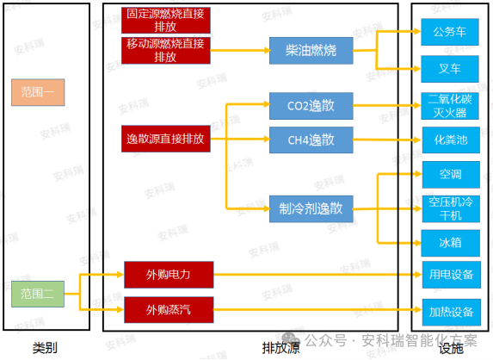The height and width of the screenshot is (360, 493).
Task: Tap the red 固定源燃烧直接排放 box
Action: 166,20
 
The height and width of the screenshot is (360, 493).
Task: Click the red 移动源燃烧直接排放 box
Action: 166,50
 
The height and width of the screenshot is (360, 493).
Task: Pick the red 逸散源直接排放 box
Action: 166,139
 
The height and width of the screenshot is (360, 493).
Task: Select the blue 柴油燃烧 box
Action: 311,51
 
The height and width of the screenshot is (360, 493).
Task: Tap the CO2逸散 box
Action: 311,107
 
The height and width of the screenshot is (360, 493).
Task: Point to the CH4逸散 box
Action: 311,139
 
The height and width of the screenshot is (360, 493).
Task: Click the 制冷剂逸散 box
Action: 311,208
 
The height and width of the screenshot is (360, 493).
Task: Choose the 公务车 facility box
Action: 450,33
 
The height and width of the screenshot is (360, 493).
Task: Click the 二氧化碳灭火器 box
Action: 450,106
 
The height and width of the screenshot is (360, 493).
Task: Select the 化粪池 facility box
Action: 450,139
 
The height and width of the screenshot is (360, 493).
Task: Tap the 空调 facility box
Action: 450,174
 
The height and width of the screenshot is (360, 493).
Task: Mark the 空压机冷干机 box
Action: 450,208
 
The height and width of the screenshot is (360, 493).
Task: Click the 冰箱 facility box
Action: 450,243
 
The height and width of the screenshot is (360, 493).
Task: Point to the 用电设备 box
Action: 450,275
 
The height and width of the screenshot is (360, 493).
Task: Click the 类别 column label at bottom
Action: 45,347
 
